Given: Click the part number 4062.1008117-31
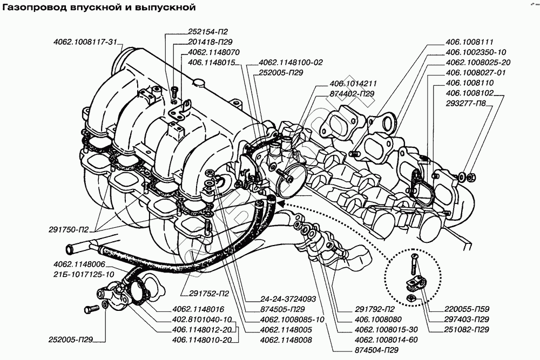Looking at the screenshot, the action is [x=85, y=42].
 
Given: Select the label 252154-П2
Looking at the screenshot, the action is [x=208, y=32].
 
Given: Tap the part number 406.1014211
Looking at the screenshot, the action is [x=353, y=83].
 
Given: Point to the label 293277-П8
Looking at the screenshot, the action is [x=465, y=103].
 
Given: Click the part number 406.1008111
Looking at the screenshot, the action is [x=469, y=42].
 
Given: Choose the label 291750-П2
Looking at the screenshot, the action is [x=69, y=229].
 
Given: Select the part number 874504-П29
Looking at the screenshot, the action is [x=376, y=350].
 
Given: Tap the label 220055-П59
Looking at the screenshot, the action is [x=467, y=309].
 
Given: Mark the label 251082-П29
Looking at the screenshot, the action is [x=467, y=330].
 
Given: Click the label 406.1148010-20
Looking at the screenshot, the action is [x=201, y=340].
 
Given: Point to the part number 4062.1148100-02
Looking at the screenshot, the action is [x=291, y=63].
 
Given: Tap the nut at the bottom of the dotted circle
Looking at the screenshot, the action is [x=410, y=297].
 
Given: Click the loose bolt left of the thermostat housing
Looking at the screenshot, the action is [x=91, y=309].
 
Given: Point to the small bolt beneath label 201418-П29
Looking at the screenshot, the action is [x=174, y=91].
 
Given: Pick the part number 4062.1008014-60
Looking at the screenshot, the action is [x=386, y=340].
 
